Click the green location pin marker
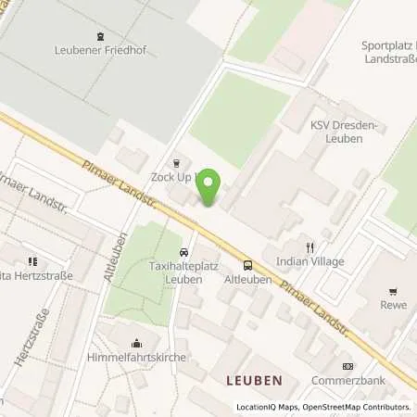(211, 188)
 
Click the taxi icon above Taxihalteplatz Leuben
(183, 251)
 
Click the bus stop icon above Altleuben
(247, 264)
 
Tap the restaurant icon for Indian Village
(310, 247)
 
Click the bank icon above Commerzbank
(347, 366)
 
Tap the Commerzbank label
(349, 380)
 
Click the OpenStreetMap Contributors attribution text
(353, 407)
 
